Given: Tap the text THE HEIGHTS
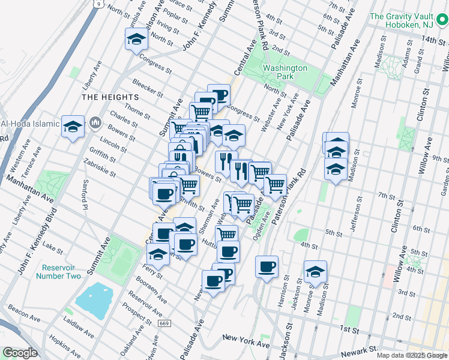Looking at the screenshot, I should point(110,97).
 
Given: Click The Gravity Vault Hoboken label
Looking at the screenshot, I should point(408,22).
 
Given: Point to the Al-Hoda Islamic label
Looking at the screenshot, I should point(30,124).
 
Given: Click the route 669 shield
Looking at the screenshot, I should point(164,323).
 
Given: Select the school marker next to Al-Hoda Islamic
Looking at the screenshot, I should point(73,126).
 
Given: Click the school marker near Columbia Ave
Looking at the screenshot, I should point(136,40).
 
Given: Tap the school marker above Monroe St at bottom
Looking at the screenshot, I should point(315,271).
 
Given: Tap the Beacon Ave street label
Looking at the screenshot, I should point(24,312).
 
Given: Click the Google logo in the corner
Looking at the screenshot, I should point(20,353).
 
